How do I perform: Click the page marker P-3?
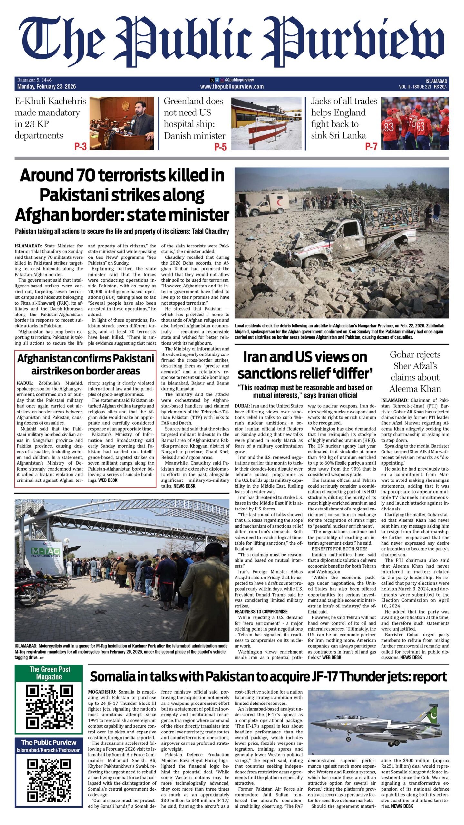(x=81, y=147)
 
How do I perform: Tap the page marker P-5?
(x=220, y=147)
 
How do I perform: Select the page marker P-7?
(x=371, y=147)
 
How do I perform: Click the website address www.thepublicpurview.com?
(x=232, y=86)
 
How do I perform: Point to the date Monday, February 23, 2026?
(x=47, y=86)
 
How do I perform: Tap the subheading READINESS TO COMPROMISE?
(x=261, y=611)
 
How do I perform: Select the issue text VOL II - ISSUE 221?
(x=415, y=87)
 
